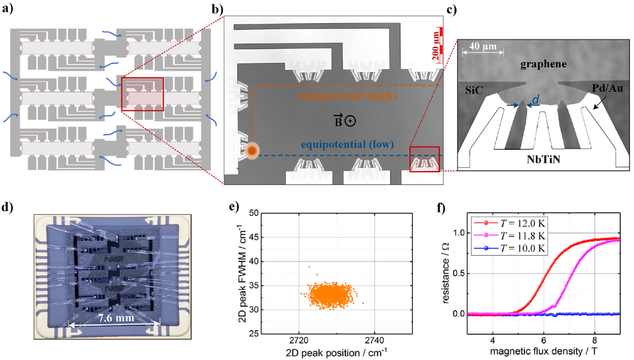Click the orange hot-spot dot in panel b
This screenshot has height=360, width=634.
pos(251,151)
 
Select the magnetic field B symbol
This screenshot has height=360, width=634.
pos(343,120)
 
